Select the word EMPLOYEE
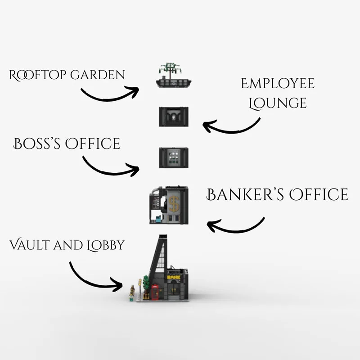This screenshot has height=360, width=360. tap(277, 84)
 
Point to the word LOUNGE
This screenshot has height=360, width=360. tap(277, 103)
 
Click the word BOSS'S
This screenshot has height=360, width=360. tap(37, 144)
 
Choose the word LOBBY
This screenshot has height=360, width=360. tap(104, 246)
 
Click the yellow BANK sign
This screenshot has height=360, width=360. tap(173, 278)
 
